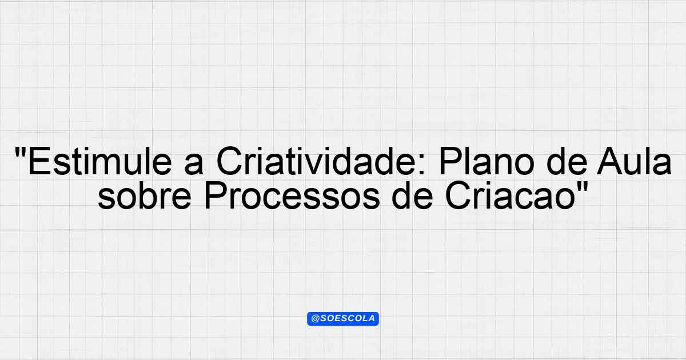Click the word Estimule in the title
point(100,161)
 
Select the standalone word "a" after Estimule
point(194,165)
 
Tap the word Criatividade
point(316,161)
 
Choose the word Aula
point(633,161)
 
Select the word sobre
point(144,195)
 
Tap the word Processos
point(292,195)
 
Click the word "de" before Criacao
point(412,195)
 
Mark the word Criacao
point(510,195)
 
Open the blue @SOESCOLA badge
point(343,319)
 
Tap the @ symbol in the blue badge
point(315,319)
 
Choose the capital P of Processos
point(216,195)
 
